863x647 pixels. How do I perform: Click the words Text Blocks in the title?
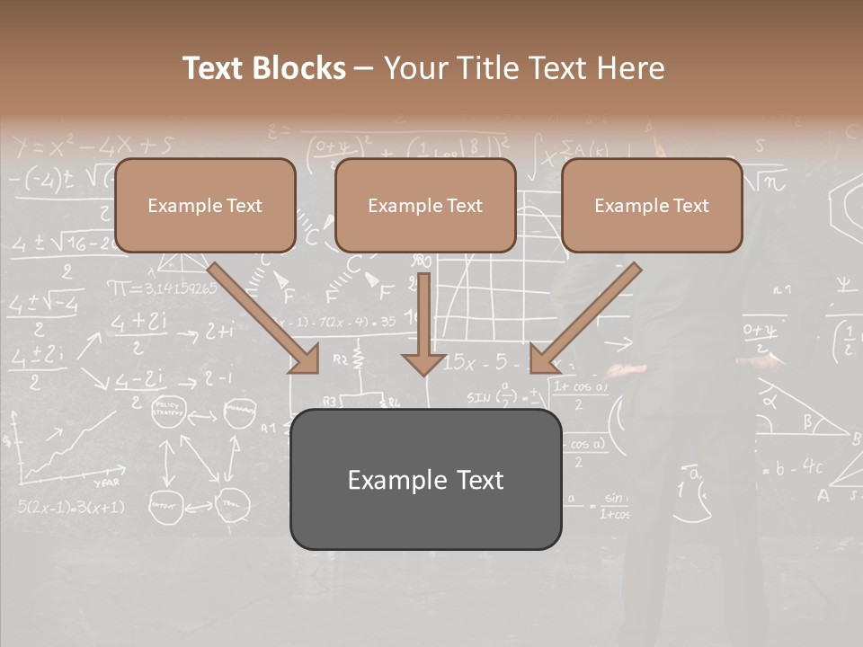(x=263, y=68)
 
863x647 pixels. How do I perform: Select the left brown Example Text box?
(x=205, y=205)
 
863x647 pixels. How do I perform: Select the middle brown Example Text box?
(x=425, y=205)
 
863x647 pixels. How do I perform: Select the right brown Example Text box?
(x=652, y=205)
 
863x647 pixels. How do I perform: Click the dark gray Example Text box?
(x=425, y=479)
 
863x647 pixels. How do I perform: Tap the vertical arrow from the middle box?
(x=423, y=323)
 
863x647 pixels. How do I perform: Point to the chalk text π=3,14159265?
(x=162, y=288)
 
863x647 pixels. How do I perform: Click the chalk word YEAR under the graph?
(x=106, y=482)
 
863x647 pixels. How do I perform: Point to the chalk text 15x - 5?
(x=485, y=363)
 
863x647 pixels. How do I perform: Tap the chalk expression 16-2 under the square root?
(x=85, y=242)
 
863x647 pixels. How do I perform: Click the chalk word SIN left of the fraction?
(x=479, y=396)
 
